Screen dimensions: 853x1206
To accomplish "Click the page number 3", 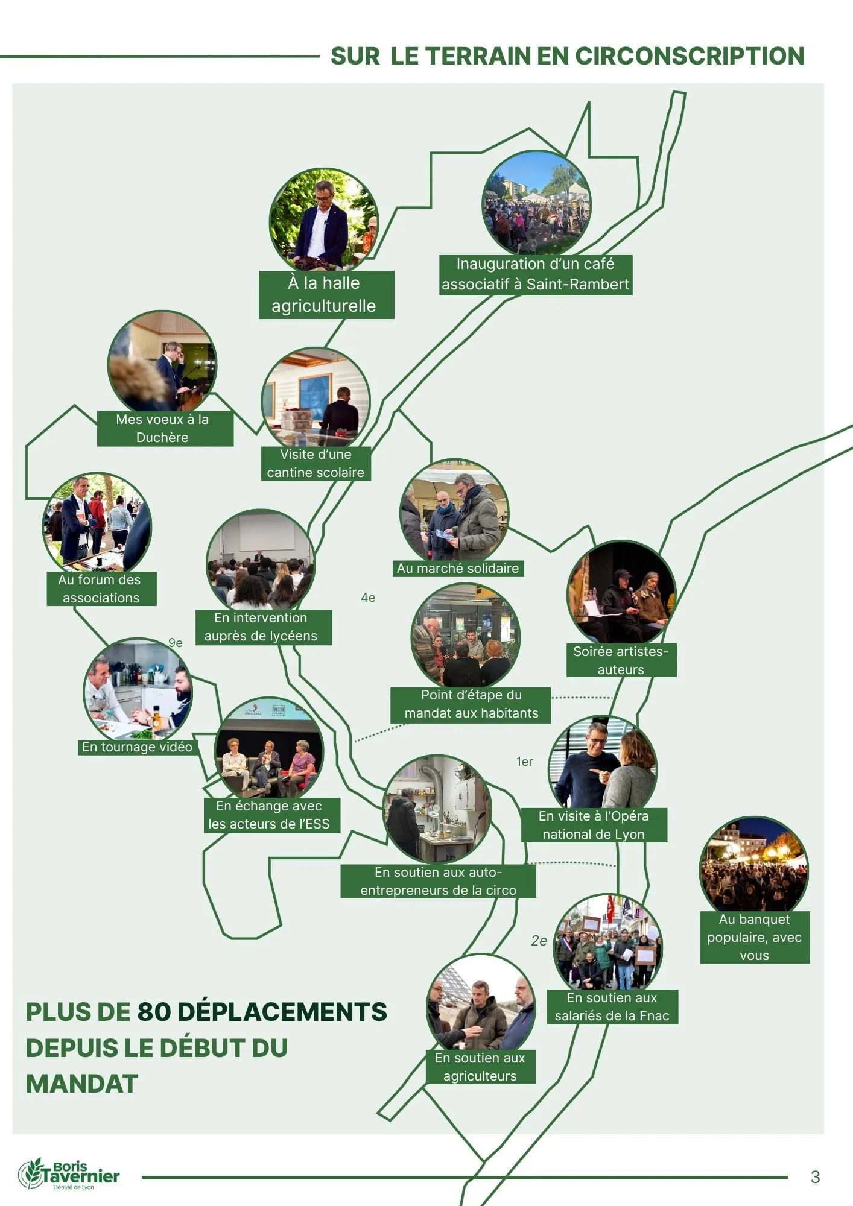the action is [x=815, y=1176].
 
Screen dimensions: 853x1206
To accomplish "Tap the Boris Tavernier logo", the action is [x=69, y=1173].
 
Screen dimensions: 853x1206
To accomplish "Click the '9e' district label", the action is [x=175, y=643].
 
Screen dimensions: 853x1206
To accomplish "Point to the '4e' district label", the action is [x=368, y=598].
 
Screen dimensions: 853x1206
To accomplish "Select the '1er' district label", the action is [x=525, y=762].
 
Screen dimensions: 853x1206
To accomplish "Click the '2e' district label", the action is [x=539, y=941].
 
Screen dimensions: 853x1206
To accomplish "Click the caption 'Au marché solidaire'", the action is [x=458, y=568].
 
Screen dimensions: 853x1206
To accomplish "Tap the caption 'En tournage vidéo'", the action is [x=138, y=747].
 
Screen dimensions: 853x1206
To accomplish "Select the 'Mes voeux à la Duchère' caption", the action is [x=163, y=428].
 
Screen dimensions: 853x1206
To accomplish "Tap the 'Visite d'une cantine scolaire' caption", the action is [x=316, y=463].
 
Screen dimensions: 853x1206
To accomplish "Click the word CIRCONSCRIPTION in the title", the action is [x=690, y=56].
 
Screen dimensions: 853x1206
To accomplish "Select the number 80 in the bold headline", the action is [x=154, y=1012].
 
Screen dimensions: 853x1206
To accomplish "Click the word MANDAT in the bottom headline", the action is [x=82, y=1084].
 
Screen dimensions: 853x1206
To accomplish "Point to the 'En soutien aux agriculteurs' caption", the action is [x=480, y=1067].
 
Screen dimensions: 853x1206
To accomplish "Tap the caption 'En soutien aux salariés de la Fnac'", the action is [x=612, y=1006].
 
